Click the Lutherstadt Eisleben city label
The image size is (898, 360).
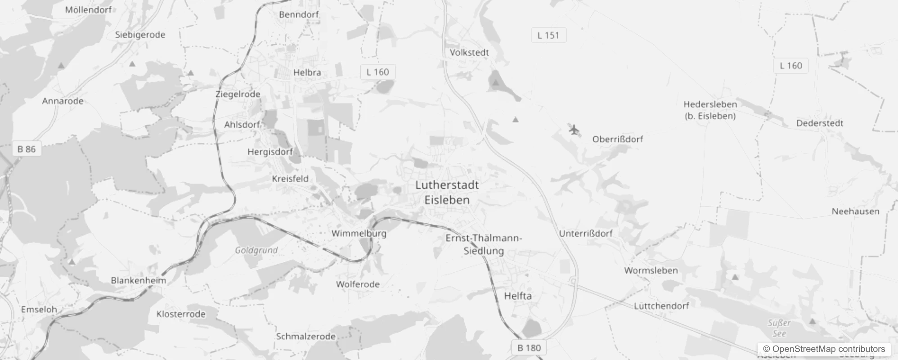point(447,193)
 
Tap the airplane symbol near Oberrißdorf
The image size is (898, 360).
point(574,130)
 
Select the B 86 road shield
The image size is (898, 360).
point(27,149)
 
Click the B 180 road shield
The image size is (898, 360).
point(529,347)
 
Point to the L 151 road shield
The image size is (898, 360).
point(548,35)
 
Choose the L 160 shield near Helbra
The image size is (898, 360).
point(377,72)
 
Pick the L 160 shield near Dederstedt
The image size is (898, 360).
point(790,66)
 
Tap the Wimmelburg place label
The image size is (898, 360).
point(359,233)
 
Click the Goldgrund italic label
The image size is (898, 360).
point(256,250)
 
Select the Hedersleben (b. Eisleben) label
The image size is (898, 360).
point(710,110)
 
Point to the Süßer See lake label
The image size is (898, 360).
point(779,328)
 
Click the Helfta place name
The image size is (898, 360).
point(517,296)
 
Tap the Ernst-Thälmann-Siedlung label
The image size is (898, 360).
point(484,244)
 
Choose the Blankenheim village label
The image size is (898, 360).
point(138,280)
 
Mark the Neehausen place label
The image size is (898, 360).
point(855,211)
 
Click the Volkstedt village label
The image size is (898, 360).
point(469,52)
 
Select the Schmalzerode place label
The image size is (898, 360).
point(305,336)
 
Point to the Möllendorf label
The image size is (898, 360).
point(88,9)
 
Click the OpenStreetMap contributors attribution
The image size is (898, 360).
point(824,349)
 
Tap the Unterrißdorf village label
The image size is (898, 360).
point(585,233)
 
